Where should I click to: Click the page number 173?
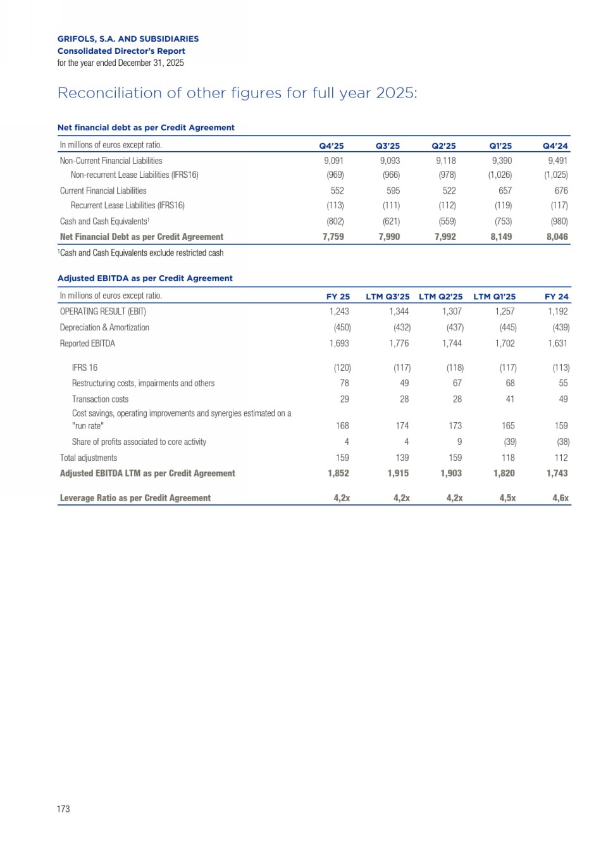[x=63, y=809]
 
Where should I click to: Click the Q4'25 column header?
[x=331, y=146]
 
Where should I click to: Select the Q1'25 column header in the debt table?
[x=500, y=146]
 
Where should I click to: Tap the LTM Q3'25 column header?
[x=387, y=296]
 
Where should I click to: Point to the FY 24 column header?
[x=557, y=296]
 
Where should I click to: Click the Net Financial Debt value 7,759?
[x=333, y=237]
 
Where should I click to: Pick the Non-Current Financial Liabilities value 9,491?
[x=557, y=161]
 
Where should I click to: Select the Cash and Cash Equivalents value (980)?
[x=559, y=222]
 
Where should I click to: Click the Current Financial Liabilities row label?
[x=103, y=191]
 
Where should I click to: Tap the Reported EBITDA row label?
[x=87, y=344]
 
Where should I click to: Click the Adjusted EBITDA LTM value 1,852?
[x=338, y=473]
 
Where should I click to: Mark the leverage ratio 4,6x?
[x=560, y=498]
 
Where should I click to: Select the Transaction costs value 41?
[x=510, y=399]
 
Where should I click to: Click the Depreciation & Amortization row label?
[x=104, y=328]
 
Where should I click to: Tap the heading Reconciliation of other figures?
[x=237, y=93]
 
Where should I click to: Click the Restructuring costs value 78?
[x=344, y=384]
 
